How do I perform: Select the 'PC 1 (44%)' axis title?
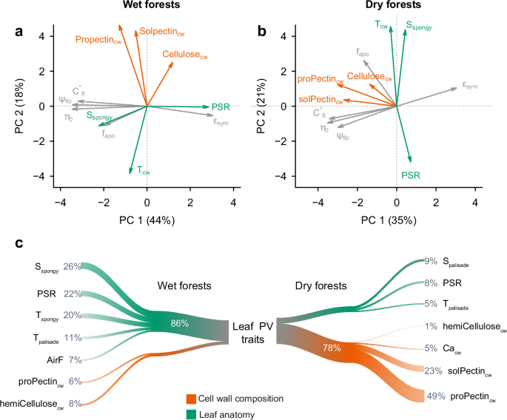[147, 220]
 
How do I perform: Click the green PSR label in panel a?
[221, 107]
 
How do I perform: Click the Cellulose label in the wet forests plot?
[185, 54]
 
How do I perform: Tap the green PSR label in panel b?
[411, 175]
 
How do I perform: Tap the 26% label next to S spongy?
[72, 266]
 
